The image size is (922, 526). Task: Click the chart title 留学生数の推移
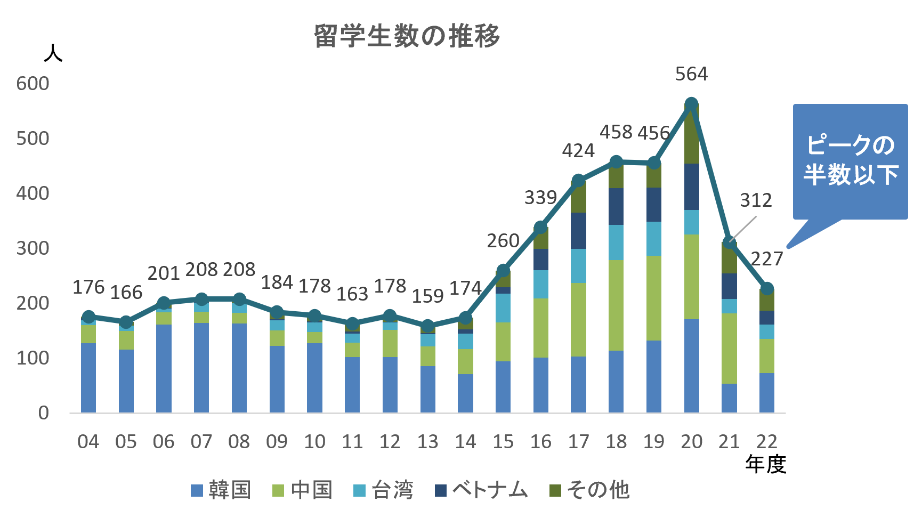click(x=407, y=37)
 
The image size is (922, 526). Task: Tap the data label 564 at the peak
click(x=691, y=74)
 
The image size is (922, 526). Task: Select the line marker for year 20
click(x=691, y=104)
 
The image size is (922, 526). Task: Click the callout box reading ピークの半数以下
click(x=850, y=161)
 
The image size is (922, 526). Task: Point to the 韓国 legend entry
click(x=221, y=490)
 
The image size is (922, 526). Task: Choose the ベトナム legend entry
click(x=481, y=490)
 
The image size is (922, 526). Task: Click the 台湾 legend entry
click(x=383, y=490)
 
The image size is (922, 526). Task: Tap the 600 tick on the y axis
click(x=33, y=84)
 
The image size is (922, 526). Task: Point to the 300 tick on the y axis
click(x=33, y=248)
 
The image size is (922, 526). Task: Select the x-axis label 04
click(x=88, y=442)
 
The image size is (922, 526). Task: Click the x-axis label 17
click(x=578, y=442)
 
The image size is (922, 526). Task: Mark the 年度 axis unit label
click(x=765, y=465)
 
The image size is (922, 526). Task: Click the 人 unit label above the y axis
click(x=53, y=53)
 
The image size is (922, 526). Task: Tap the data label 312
click(x=756, y=200)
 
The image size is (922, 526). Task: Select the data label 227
click(x=767, y=259)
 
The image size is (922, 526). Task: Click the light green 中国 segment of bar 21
click(x=729, y=348)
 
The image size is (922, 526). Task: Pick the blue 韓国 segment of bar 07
click(x=201, y=368)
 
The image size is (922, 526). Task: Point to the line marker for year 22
click(x=767, y=289)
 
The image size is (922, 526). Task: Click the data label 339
click(x=540, y=198)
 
